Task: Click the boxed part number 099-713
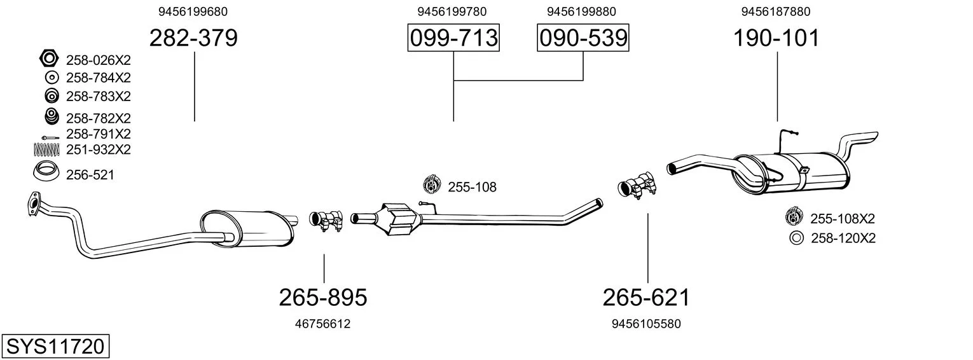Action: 453,38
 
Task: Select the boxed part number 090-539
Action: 583,38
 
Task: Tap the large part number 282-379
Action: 194,38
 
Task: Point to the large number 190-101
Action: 776,38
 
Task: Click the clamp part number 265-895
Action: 323,298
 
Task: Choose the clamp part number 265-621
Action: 646,298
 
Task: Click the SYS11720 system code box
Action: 55,346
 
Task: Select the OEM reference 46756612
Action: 322,324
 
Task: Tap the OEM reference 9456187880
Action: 776,11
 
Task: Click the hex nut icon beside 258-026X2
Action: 48,58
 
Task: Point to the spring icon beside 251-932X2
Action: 46,150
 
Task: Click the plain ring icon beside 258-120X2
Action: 796,239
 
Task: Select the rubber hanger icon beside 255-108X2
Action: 794,216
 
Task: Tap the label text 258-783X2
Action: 98,97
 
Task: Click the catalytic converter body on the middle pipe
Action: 399,219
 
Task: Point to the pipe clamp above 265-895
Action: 326,220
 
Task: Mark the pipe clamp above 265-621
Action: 637,186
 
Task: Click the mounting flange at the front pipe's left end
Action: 32,204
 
